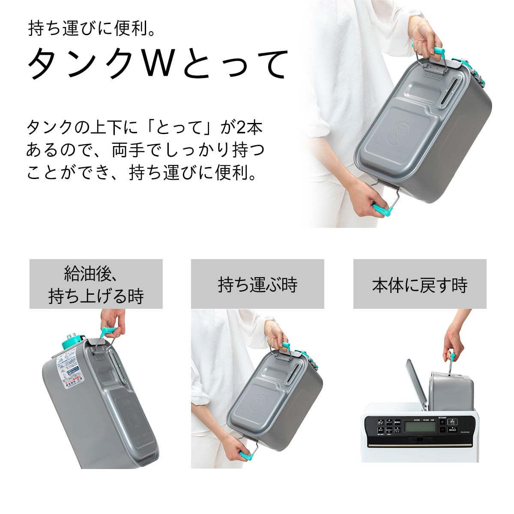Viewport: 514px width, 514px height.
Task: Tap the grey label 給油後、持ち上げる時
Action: (96, 284)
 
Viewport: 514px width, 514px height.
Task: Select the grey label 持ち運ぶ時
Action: (257, 284)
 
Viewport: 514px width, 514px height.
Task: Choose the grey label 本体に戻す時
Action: (419, 284)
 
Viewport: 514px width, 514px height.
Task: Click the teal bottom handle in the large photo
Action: (383, 210)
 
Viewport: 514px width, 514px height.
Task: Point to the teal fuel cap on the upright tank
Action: (70, 341)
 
